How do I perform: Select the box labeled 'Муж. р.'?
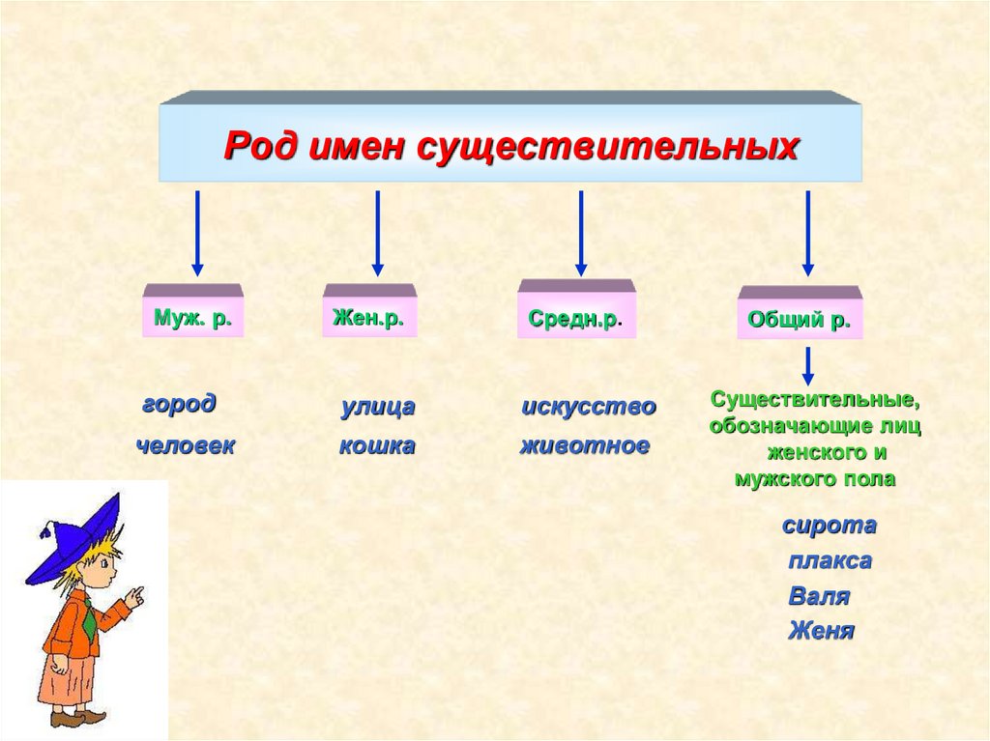coord(192,317)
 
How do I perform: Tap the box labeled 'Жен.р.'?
coord(368,317)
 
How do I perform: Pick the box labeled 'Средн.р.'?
coord(576,318)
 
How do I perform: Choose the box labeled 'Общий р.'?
coord(799,320)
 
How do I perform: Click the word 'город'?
coord(179,404)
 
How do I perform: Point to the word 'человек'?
coord(186,445)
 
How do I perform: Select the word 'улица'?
coord(378,407)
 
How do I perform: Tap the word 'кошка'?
coord(377,445)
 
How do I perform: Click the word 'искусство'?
coord(589,407)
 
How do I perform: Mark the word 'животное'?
coord(585,445)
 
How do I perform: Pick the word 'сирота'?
coord(830,526)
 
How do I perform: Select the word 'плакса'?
coord(830,560)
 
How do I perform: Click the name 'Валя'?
coord(819,596)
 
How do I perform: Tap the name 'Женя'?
coord(821,631)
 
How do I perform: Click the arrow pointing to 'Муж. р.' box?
coord(197,232)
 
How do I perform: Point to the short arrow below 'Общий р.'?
coord(808,365)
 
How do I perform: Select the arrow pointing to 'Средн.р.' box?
coord(581,232)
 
